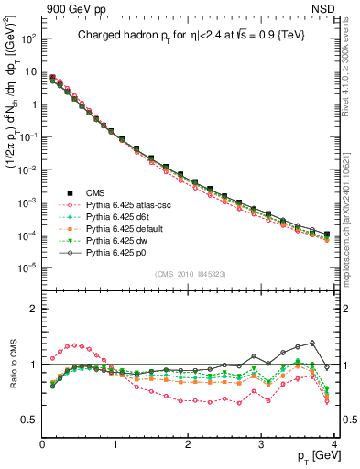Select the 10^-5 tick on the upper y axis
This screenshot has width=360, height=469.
coord(28,267)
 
